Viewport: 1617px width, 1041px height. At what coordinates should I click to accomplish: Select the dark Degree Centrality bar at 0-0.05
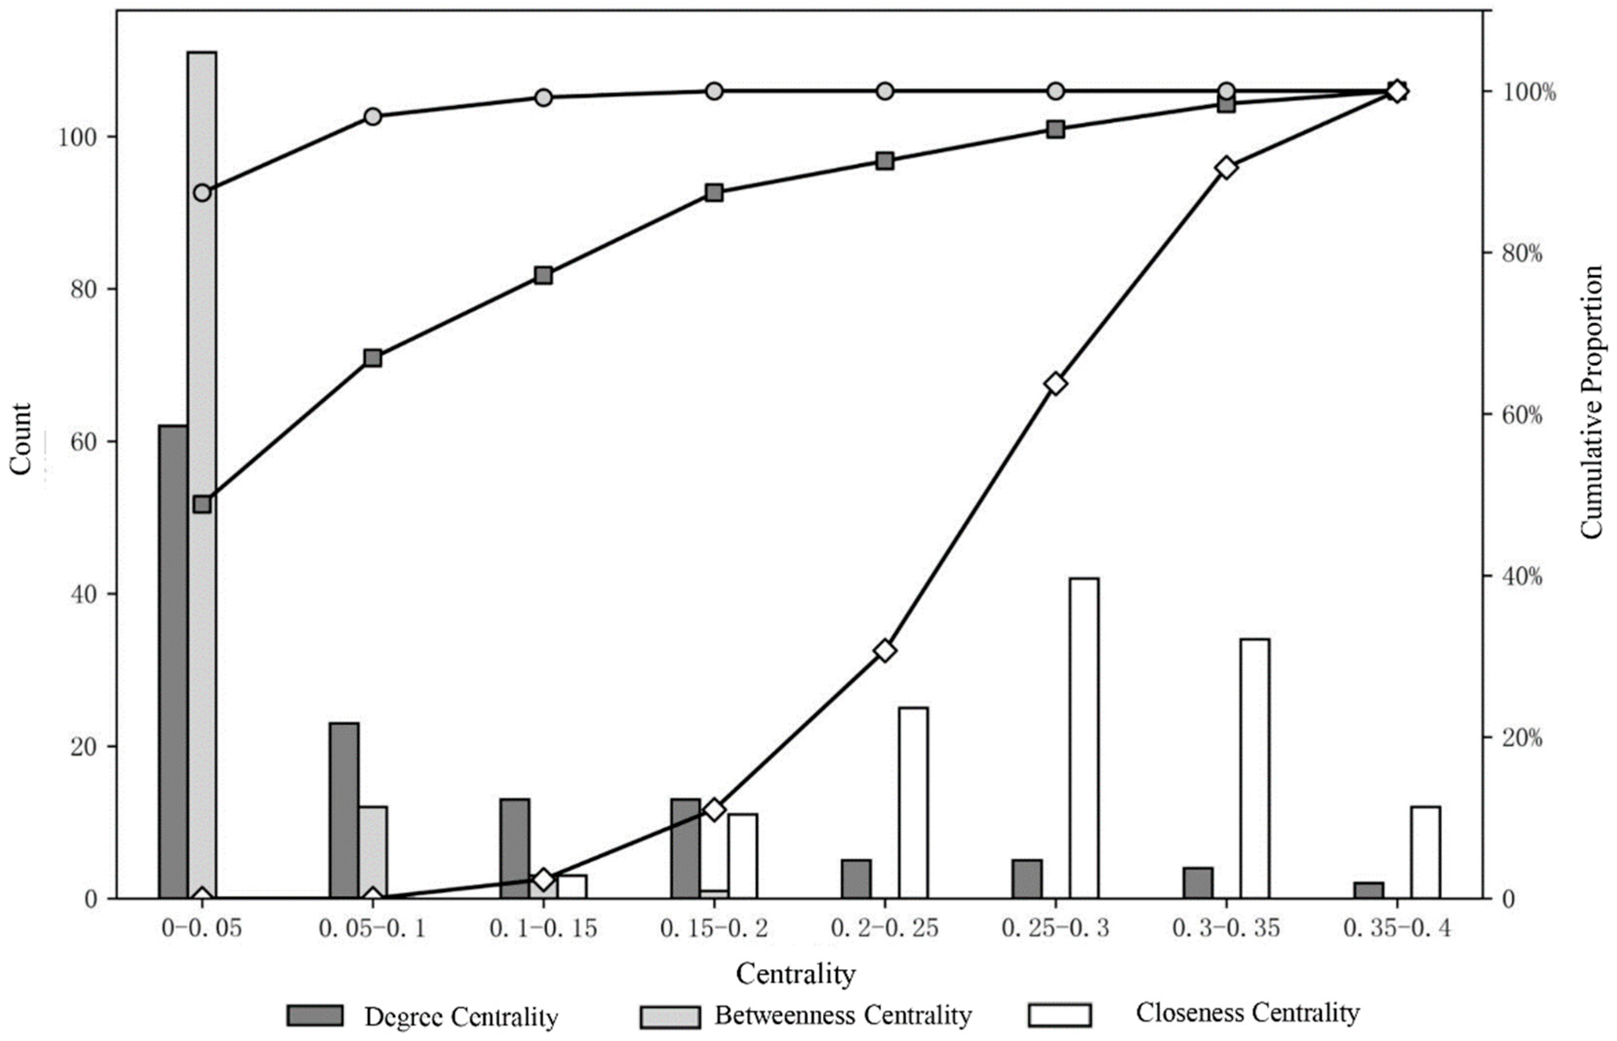[173, 662]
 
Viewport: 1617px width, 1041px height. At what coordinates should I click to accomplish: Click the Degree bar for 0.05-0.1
[344, 811]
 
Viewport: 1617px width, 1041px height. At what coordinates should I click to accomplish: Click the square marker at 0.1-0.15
[543, 275]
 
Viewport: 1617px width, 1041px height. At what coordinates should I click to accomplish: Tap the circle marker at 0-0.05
[202, 193]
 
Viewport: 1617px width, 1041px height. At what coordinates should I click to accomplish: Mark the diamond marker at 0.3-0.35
[1226, 168]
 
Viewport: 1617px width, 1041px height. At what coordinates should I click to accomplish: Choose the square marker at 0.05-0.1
[373, 358]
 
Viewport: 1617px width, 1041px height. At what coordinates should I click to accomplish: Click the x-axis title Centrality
[796, 974]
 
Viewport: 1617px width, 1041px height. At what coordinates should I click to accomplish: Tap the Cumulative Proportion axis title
[1592, 402]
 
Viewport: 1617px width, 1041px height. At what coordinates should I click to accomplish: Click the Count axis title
[21, 440]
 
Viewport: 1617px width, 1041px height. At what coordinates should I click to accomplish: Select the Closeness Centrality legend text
[1247, 1013]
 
